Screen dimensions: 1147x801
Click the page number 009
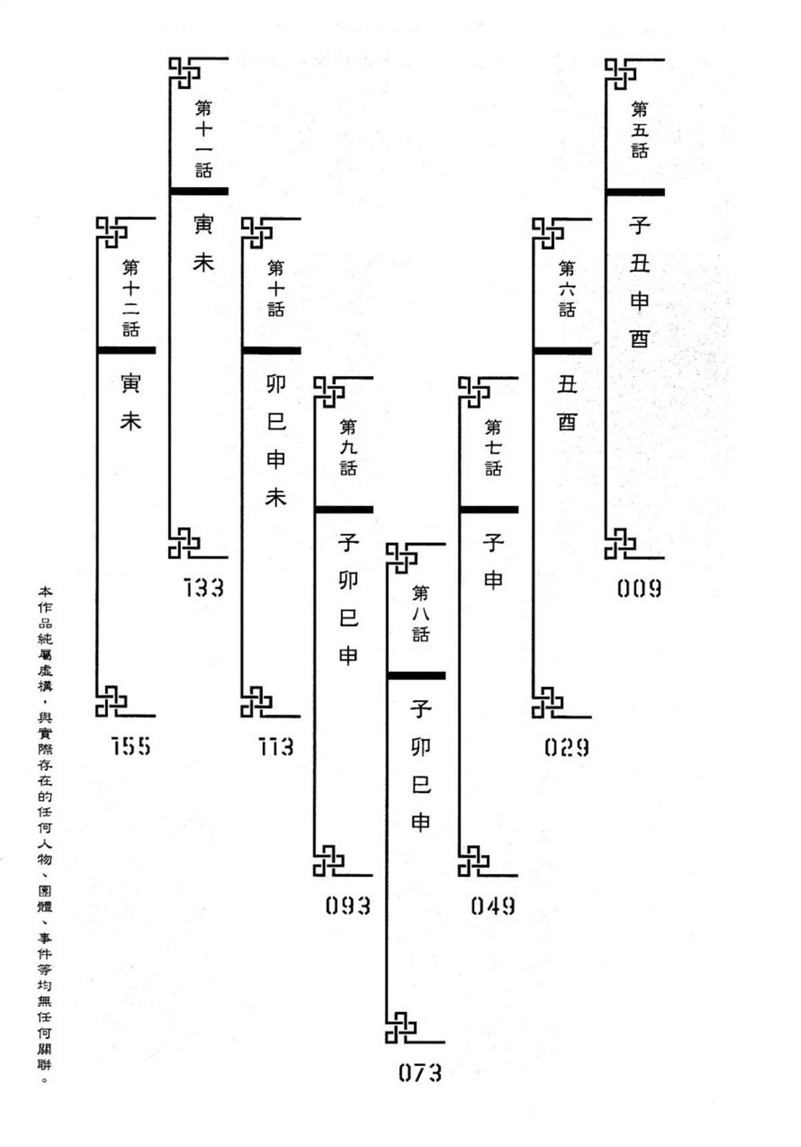(x=639, y=589)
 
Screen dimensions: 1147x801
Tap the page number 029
(x=566, y=747)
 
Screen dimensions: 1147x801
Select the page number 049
(x=493, y=906)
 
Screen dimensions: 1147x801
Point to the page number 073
(x=420, y=1073)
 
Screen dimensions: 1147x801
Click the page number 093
(x=348, y=906)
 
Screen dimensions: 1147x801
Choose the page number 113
(x=276, y=747)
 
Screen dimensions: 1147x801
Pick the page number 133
(x=204, y=589)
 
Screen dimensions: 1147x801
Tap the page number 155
(x=131, y=747)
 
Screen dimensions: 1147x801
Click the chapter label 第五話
(x=639, y=129)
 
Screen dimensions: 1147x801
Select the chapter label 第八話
(x=421, y=613)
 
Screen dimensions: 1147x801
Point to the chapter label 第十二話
(x=131, y=298)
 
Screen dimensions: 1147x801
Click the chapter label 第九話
(x=348, y=447)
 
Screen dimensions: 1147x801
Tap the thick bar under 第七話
(x=489, y=510)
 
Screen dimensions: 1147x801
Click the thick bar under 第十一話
(x=199, y=191)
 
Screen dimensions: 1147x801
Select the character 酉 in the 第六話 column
(x=567, y=422)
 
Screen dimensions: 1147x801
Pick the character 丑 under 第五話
(x=639, y=263)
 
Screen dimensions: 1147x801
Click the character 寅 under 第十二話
(x=131, y=383)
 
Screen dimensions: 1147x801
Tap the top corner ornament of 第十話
(x=256, y=232)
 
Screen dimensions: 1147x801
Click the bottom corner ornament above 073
(x=400, y=1027)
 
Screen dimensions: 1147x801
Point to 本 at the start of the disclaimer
(x=45, y=592)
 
